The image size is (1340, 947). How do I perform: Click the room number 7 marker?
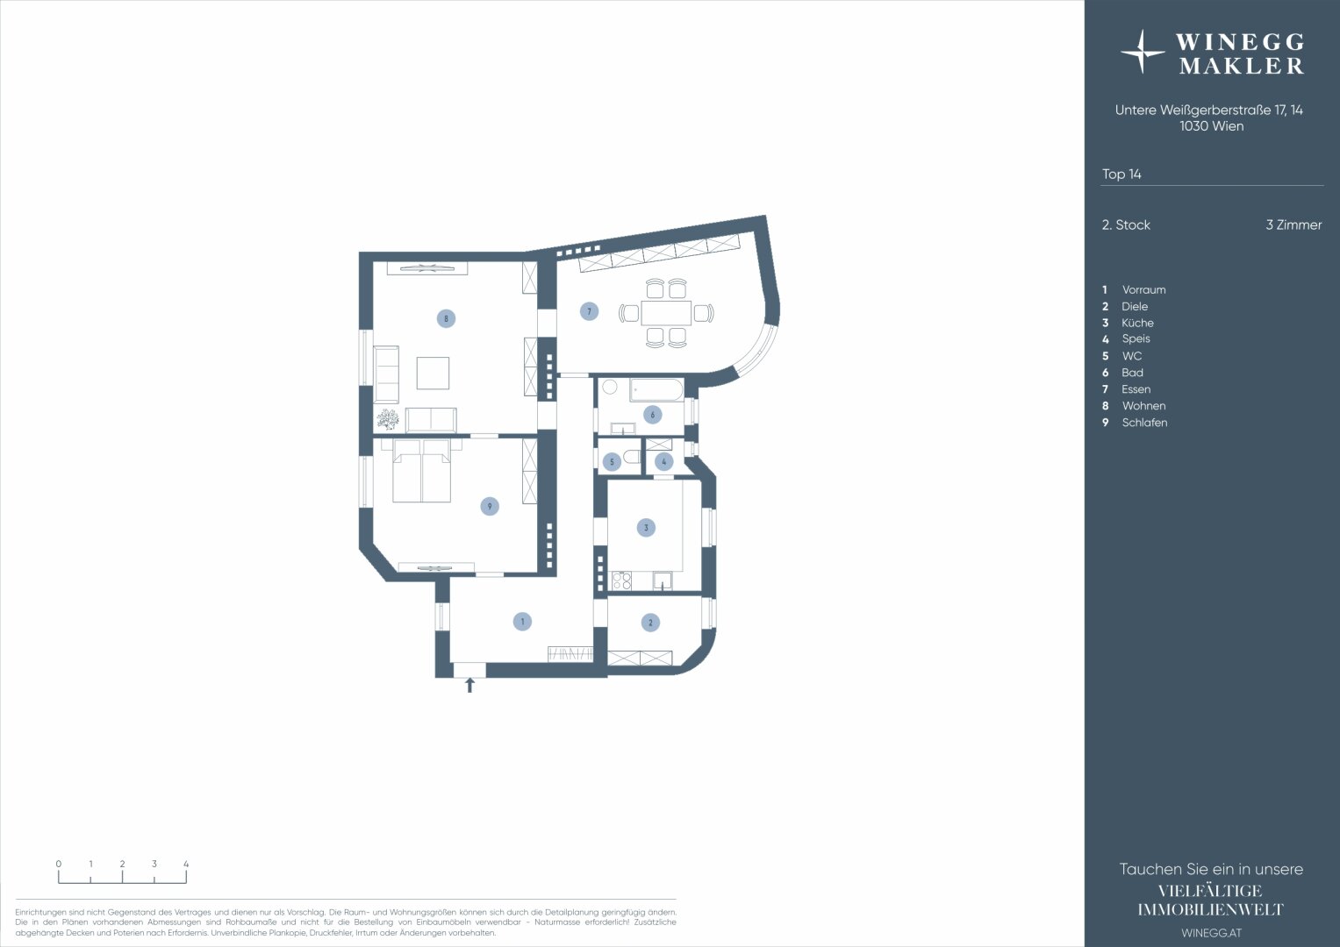[589, 311]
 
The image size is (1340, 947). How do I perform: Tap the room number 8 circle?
[446, 318]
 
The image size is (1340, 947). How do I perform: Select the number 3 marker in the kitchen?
[646, 527]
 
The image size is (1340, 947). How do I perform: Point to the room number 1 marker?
[522, 622]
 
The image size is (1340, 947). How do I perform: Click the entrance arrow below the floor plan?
[469, 685]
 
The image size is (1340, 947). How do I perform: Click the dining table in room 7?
[666, 313]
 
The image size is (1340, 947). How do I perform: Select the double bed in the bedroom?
[422, 471]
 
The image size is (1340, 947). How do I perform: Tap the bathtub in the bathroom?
[656, 390]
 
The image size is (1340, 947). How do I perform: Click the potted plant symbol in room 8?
[388, 419]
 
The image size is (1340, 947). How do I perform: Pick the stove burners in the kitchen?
[621, 580]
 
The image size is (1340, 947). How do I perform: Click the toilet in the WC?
[631, 459]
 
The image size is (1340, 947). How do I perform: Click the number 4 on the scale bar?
[186, 864]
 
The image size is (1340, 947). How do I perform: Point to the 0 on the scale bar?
[59, 864]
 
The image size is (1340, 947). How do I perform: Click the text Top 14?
[1121, 174]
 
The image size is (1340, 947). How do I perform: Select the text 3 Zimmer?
[1293, 224]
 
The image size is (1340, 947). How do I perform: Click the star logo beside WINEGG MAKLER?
[1142, 52]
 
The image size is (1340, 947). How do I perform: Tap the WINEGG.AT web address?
[1211, 933]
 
